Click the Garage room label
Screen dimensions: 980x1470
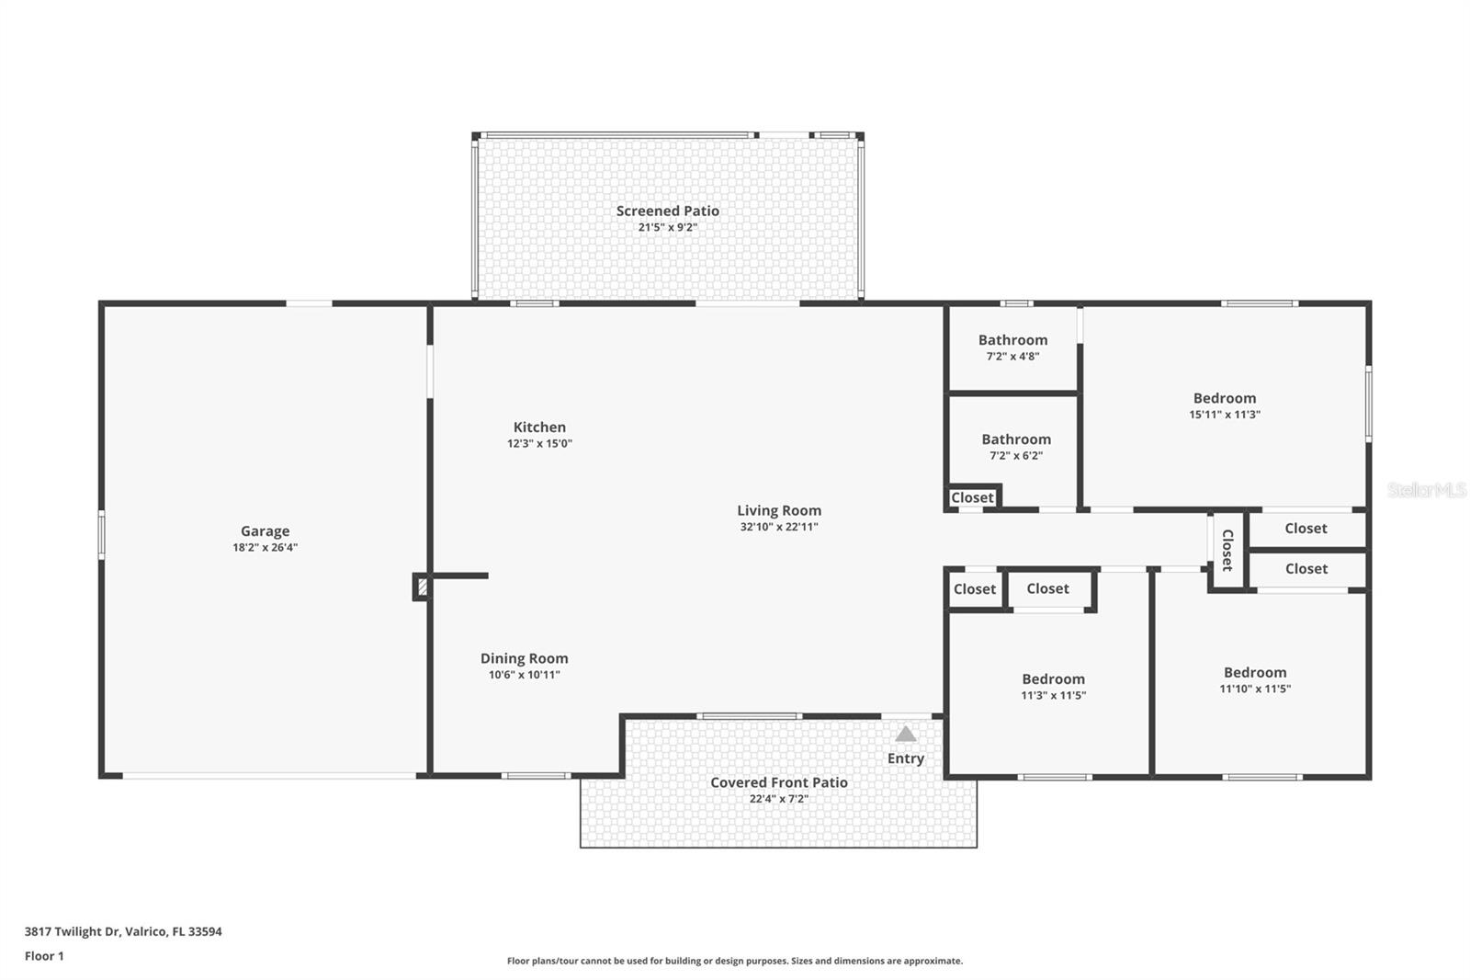tap(265, 530)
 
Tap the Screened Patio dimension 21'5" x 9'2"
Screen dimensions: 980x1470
tap(668, 227)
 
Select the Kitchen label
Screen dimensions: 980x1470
tap(539, 427)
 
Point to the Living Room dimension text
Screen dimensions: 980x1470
tap(778, 527)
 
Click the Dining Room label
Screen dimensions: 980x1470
tap(524, 658)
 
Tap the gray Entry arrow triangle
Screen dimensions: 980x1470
tap(906, 735)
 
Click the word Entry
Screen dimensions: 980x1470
tap(906, 758)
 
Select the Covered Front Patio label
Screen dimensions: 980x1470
tap(778, 782)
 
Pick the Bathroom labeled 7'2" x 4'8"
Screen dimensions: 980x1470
tap(1012, 340)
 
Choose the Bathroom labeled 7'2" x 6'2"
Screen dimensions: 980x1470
tap(1016, 439)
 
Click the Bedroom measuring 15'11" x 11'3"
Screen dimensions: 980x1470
tap(1224, 398)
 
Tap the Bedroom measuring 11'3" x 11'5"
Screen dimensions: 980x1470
tap(1053, 679)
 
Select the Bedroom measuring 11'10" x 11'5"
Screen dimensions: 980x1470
tap(1255, 672)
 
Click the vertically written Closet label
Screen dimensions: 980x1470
tap(1227, 550)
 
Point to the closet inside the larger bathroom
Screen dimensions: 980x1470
tap(972, 497)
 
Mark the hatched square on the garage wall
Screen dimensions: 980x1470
tap(422, 587)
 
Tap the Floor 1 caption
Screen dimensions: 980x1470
tap(44, 956)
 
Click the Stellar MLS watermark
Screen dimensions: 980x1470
tap(1426, 490)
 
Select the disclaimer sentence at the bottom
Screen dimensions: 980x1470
tap(735, 961)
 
